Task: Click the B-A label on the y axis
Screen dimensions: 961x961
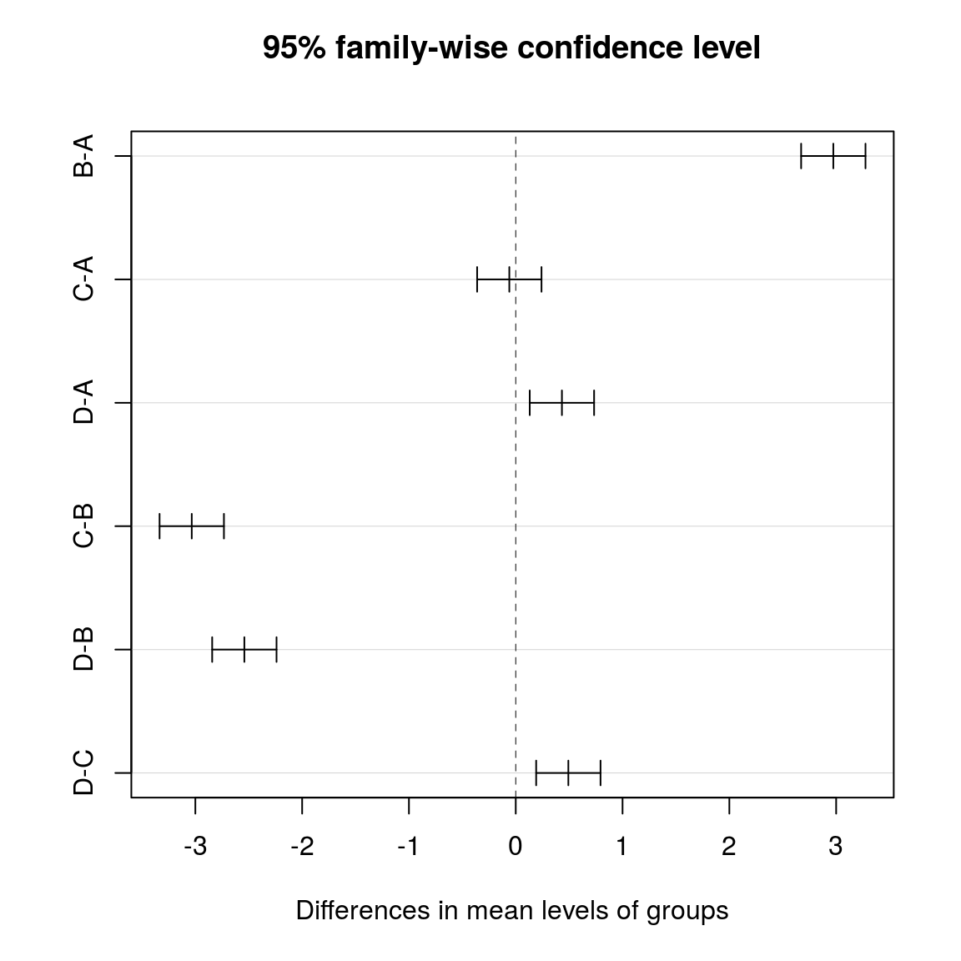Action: click(83, 156)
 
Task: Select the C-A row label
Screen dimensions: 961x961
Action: click(83, 279)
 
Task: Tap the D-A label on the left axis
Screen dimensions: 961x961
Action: click(83, 402)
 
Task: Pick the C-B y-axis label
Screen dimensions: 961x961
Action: click(83, 526)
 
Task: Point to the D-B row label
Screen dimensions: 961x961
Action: click(83, 649)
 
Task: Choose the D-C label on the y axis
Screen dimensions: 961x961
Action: click(83, 773)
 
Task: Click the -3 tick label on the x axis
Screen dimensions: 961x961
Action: click(195, 848)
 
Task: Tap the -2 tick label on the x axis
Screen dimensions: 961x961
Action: click(302, 848)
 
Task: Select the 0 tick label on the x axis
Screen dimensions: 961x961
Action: click(516, 848)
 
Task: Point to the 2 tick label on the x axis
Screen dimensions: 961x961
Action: click(729, 848)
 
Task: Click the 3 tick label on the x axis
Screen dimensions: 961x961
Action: click(836, 848)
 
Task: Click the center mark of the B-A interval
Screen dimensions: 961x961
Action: click(833, 156)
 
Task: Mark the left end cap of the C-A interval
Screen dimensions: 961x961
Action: click(477, 279)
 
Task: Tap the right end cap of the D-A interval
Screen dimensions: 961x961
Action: click(594, 403)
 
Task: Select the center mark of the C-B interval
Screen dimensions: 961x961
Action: click(192, 526)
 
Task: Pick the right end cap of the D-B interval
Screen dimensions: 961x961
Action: click(276, 649)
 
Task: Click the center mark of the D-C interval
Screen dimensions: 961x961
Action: click(568, 773)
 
